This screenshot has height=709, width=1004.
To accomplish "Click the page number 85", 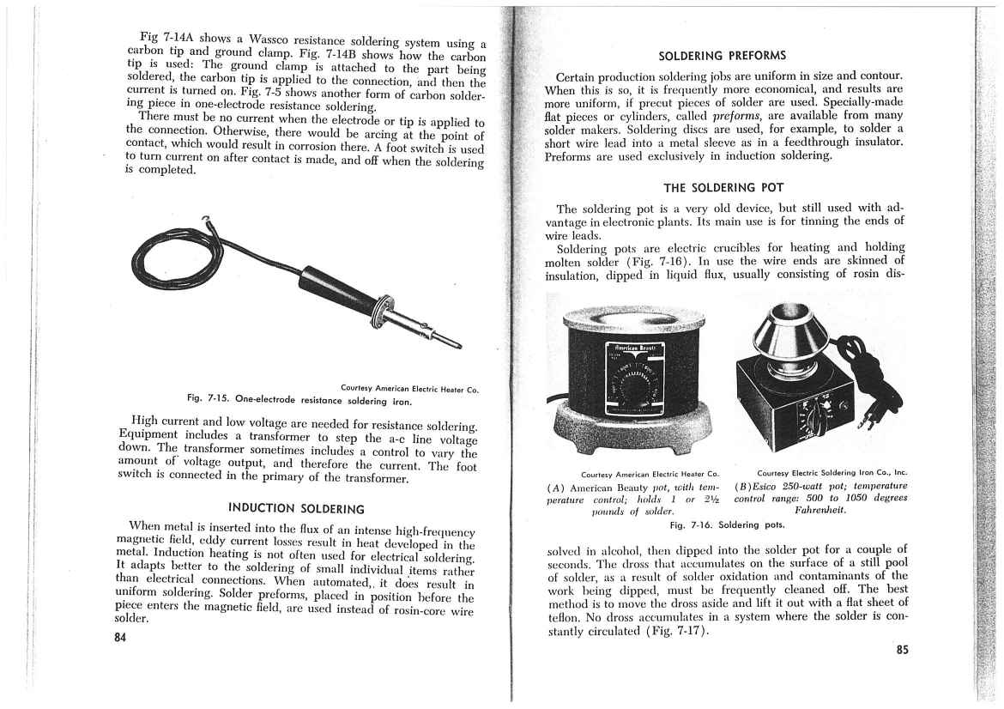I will [901, 650].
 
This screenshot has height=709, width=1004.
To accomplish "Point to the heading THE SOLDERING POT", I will [723, 187].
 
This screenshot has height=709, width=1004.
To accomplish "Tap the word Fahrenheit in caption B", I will [822, 511].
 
